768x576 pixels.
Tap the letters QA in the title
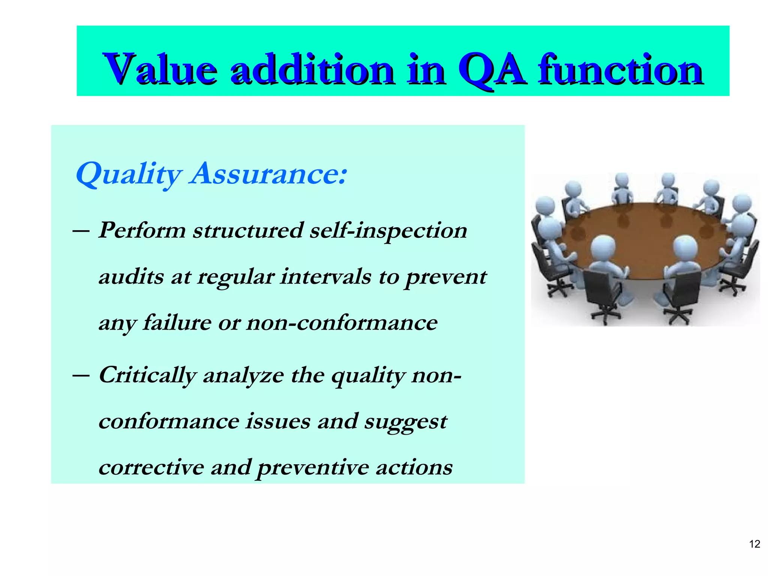(x=491, y=70)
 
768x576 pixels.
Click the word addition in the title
(x=312, y=70)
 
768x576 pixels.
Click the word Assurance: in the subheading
(x=268, y=174)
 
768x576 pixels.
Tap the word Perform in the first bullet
(x=142, y=230)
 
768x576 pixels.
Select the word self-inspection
(x=388, y=230)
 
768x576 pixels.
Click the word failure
(x=177, y=322)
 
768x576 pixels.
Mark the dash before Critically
(x=81, y=375)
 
